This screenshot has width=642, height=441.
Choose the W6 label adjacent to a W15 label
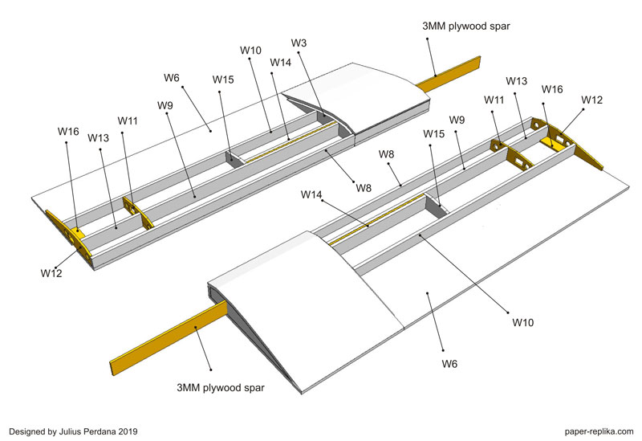pyautogui.click(x=172, y=78)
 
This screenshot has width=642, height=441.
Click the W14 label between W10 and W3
pyautogui.click(x=280, y=62)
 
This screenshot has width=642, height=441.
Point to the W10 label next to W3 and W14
pyautogui.click(x=250, y=51)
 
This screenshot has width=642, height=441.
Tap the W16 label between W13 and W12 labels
pyautogui.click(x=552, y=89)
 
